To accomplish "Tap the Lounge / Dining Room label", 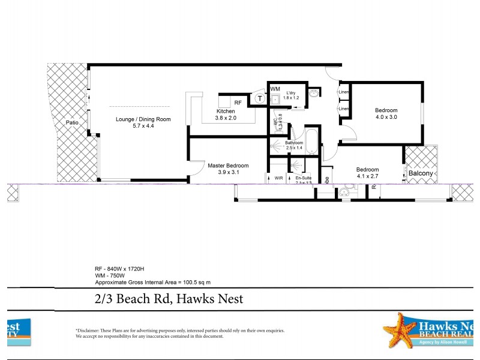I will [143, 119].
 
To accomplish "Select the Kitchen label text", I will [226, 112].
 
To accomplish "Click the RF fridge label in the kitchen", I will [238, 103].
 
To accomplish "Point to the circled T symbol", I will [259, 98].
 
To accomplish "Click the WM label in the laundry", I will [274, 89].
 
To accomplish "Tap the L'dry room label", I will [291, 93].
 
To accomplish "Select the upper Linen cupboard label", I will [343, 92].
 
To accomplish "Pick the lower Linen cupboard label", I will [343, 109].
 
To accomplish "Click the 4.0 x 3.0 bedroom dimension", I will [386, 117].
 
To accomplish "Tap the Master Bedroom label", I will [228, 166].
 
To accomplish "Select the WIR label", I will [278, 178].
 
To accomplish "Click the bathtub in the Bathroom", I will [312, 142].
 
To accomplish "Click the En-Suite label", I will [302, 178].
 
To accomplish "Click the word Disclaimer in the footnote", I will [89, 331].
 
